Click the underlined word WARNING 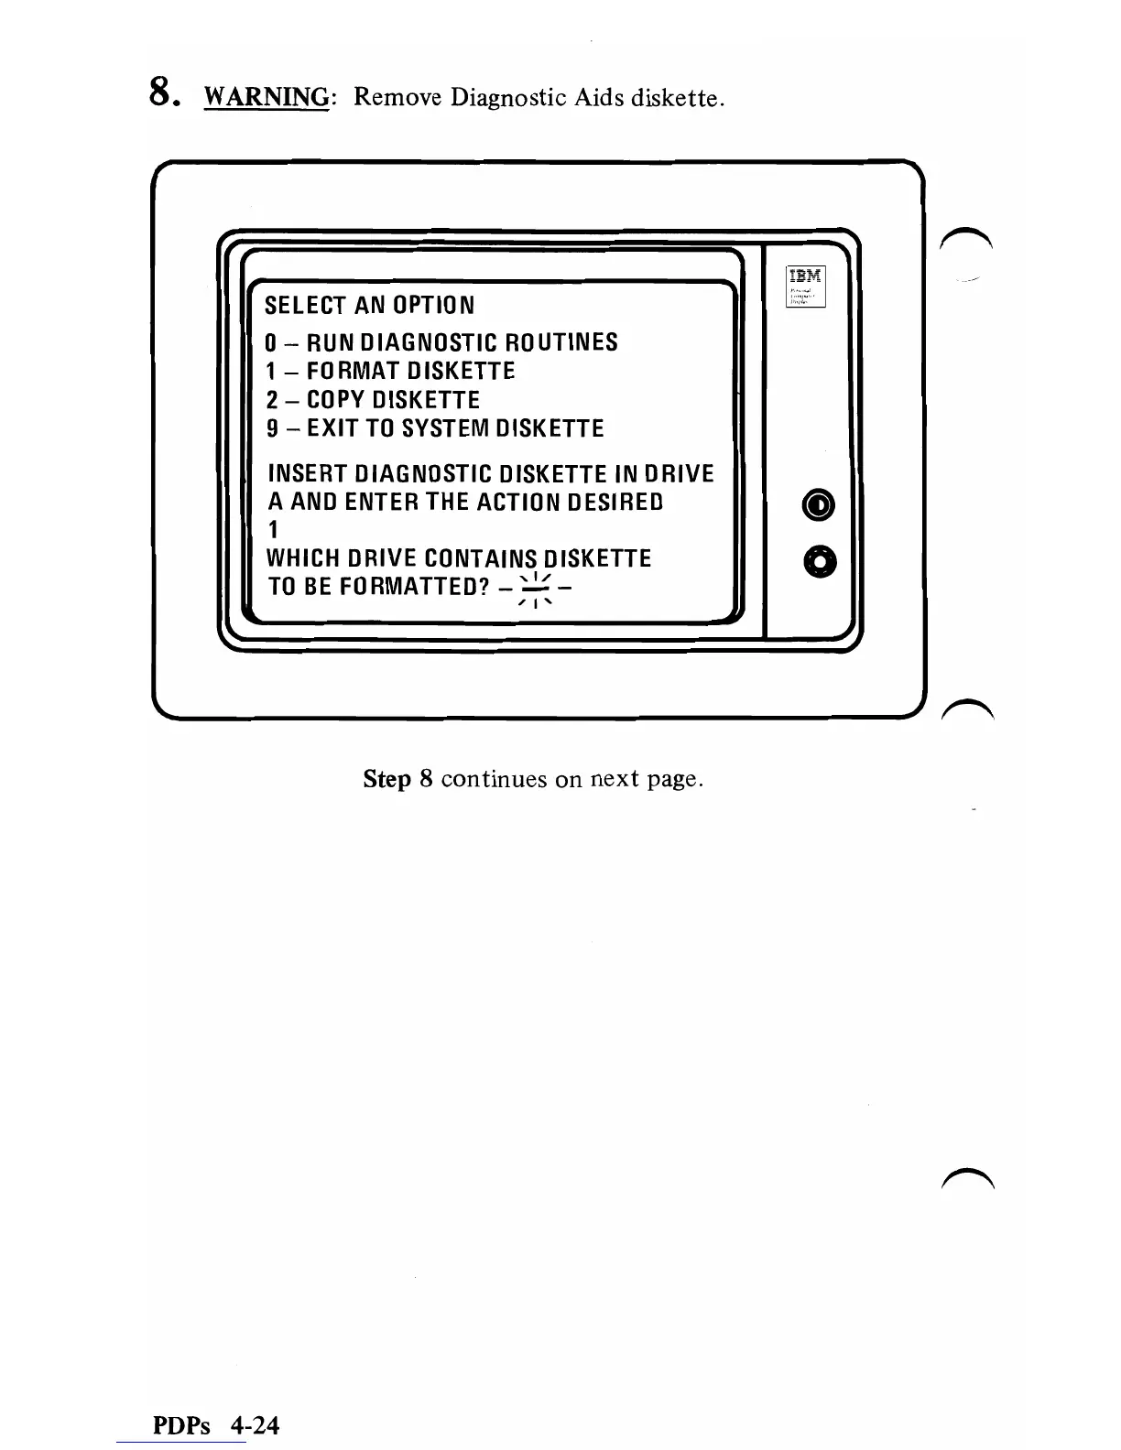point(267,97)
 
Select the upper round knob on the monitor point(819,504)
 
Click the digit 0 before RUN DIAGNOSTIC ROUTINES point(271,343)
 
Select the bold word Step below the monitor point(386,779)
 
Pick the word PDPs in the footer point(181,1425)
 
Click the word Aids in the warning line point(598,97)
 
